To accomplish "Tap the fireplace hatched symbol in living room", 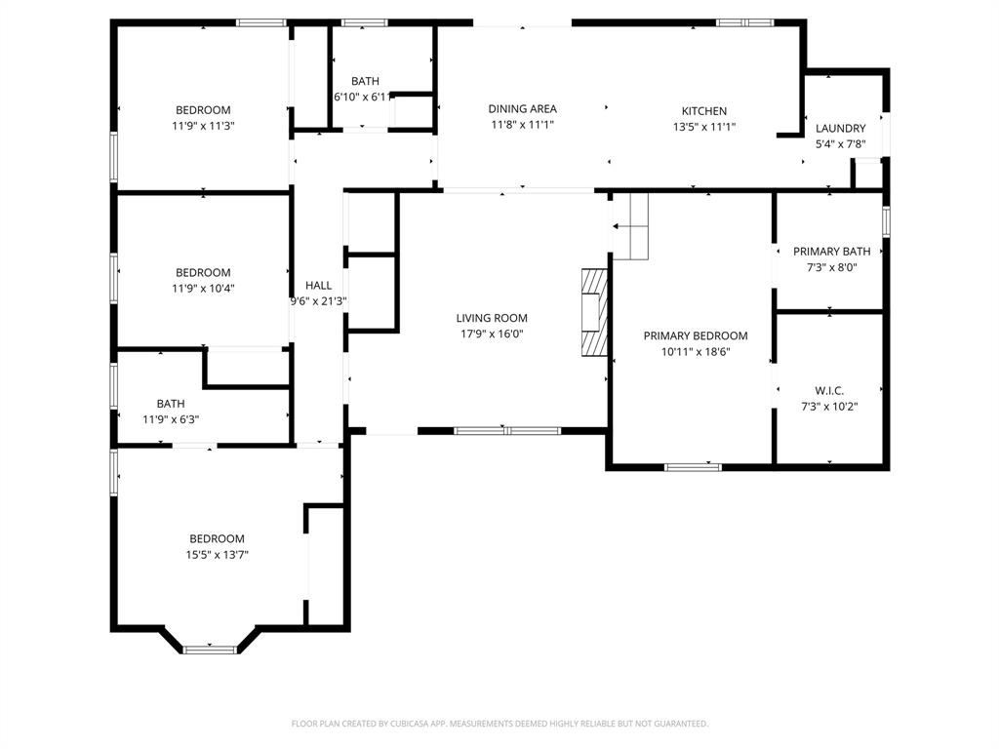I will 593,314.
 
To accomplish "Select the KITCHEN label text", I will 703,111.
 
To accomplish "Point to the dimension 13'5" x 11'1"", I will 703,127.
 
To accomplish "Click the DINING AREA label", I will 522,109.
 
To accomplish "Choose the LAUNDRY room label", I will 840,129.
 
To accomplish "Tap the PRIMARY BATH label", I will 831,252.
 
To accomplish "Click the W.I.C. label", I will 829,390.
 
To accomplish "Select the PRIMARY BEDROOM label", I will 696,335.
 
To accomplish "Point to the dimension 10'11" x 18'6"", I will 696,352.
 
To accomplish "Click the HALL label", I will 318,286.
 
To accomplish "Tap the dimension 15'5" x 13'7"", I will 217,555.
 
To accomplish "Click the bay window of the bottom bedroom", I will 210,649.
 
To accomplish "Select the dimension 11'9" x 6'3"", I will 171,419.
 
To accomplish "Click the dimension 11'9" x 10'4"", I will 203,289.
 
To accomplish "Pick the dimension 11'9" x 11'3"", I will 203,126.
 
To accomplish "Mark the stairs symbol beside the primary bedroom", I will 630,226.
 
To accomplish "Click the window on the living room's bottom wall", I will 506,429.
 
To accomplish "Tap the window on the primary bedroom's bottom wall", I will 693,467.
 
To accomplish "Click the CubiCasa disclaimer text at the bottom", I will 499,724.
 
